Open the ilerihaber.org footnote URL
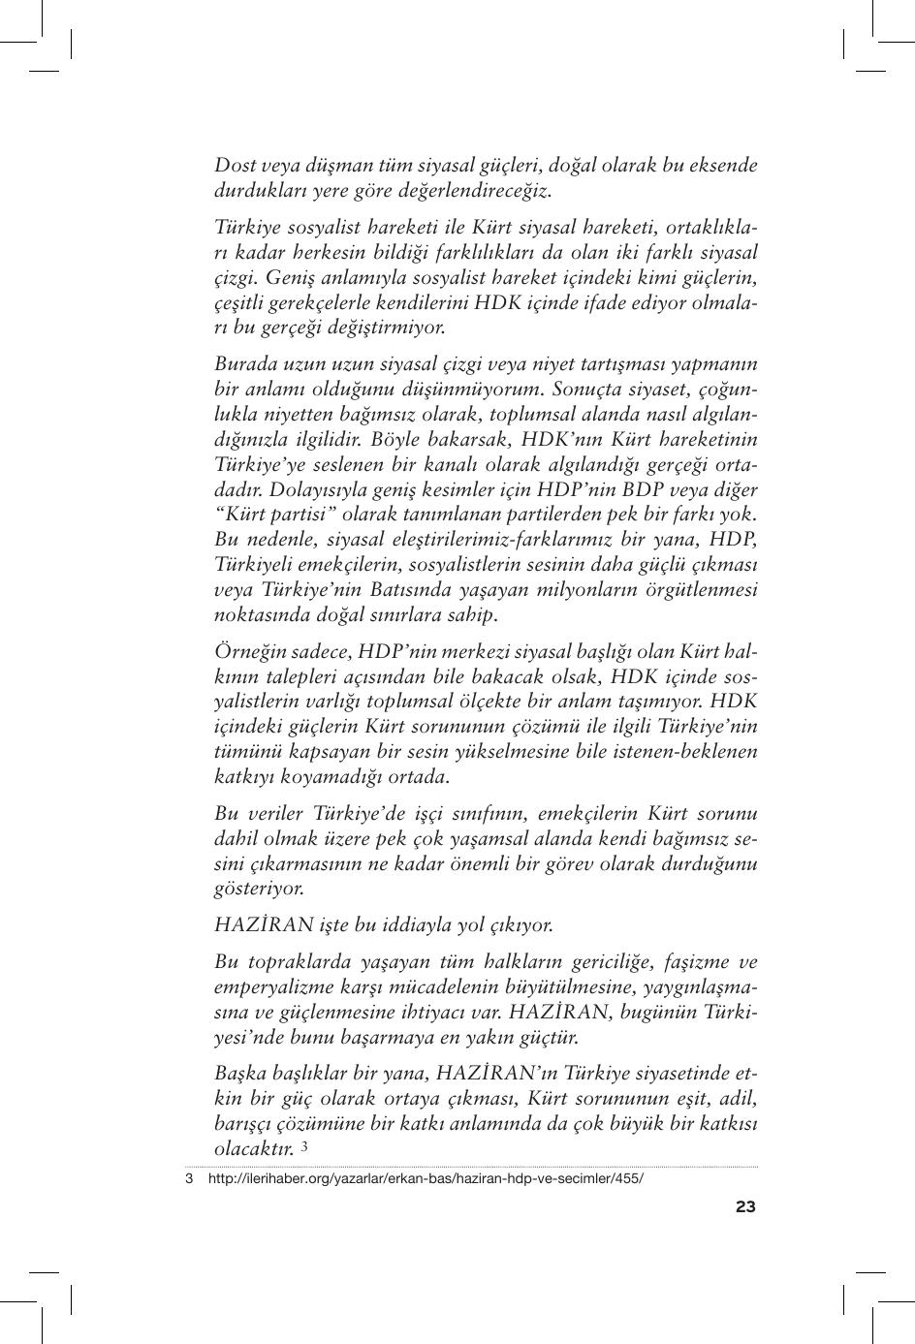426,1179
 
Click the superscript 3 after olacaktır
304,1146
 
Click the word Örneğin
247,651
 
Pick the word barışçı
245,1124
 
